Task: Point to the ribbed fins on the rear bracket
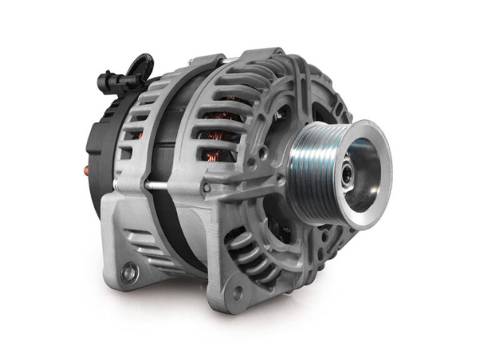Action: pos(141,241)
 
